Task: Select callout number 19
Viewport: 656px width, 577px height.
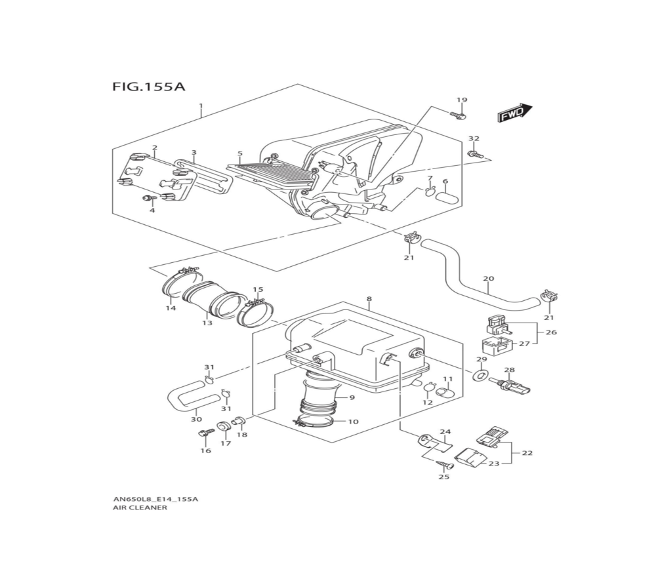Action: pos(462,100)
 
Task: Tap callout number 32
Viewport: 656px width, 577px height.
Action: pos(474,139)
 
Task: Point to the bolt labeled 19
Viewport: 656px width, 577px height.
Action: pos(459,115)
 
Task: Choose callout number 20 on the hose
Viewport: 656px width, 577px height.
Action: pos(488,279)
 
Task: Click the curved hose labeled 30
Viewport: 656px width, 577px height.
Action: pos(190,397)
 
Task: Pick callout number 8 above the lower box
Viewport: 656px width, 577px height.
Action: pos(369,299)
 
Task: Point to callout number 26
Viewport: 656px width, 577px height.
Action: pos(551,332)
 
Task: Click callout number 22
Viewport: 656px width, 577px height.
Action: pos(527,452)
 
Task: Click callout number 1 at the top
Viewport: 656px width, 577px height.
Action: pos(201,106)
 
